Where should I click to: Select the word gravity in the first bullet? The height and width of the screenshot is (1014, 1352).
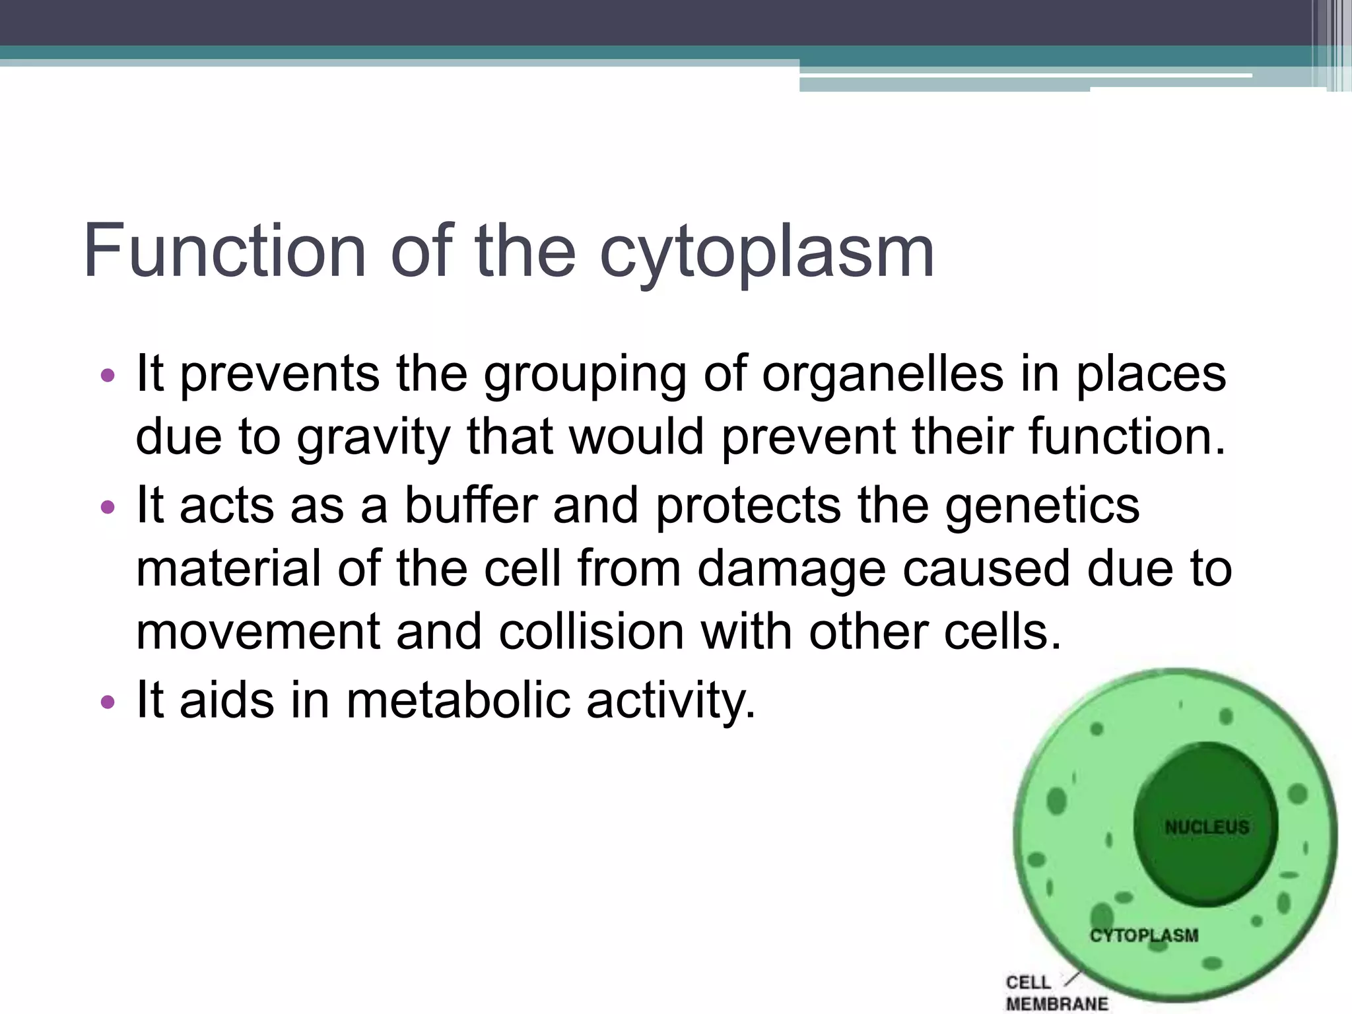click(373, 438)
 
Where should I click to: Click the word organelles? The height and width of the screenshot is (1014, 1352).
click(883, 375)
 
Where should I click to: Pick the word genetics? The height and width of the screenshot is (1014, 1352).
click(1042, 506)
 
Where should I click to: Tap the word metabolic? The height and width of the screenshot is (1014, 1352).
click(457, 700)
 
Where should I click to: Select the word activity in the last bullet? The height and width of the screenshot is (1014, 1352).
click(670, 700)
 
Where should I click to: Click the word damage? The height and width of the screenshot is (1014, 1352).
click(791, 569)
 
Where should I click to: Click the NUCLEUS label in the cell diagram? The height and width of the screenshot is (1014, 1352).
click(1207, 827)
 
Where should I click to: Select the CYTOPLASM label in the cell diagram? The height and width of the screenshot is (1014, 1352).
click(1143, 935)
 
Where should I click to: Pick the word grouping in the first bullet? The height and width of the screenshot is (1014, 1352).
click(585, 375)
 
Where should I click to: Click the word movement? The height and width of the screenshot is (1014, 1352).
click(257, 632)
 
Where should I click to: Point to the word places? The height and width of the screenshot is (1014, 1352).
click(1151, 375)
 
